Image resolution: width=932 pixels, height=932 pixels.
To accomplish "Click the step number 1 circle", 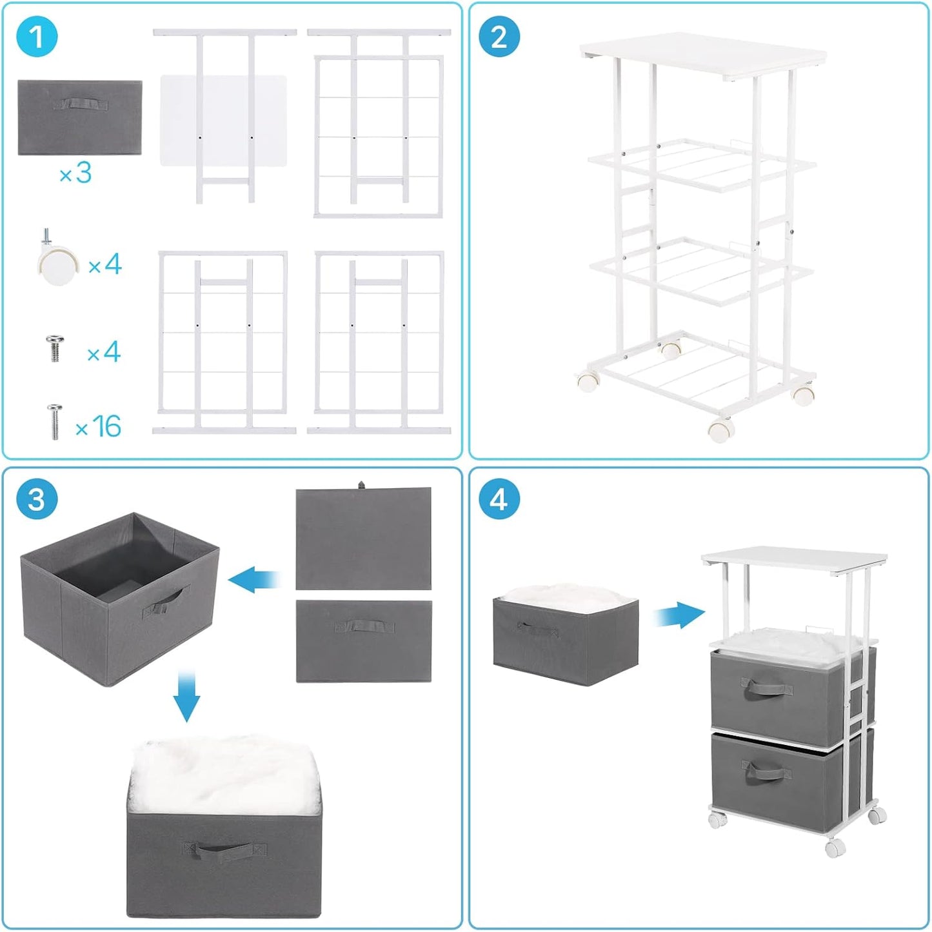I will click(37, 37).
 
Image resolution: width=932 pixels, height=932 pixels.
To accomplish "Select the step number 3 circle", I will click(37, 499).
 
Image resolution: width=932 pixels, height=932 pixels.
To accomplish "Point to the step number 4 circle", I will click(499, 499).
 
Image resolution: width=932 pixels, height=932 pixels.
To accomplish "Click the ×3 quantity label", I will click(75, 173).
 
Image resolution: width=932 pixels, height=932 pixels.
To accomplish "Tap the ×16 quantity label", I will click(98, 426).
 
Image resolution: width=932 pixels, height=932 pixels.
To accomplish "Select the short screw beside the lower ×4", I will click(55, 349).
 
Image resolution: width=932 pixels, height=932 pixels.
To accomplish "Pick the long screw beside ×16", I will click(55, 422).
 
